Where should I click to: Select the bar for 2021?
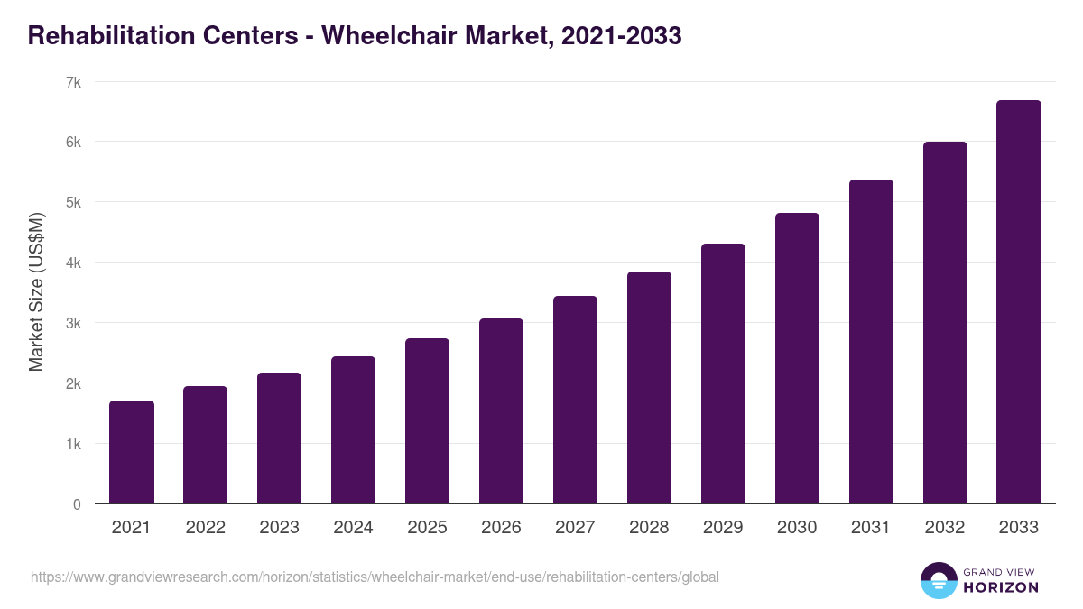pyautogui.click(x=132, y=452)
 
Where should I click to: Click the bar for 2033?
pyautogui.click(x=1019, y=302)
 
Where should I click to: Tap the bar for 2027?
pyautogui.click(x=575, y=400)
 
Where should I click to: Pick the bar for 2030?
pyautogui.click(x=797, y=358)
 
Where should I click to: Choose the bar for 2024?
pyautogui.click(x=353, y=430)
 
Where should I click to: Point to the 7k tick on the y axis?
pyautogui.click(x=73, y=82)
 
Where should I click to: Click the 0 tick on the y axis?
pyautogui.click(x=77, y=504)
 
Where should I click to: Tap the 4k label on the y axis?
pyautogui.click(x=73, y=263)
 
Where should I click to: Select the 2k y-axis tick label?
pyautogui.click(x=73, y=383)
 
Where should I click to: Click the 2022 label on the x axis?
pyautogui.click(x=205, y=528)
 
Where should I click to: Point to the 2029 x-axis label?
pyautogui.click(x=723, y=528)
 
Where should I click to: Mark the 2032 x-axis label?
pyautogui.click(x=945, y=528)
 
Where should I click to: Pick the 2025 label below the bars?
pyautogui.click(x=427, y=528)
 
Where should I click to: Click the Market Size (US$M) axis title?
pyautogui.click(x=36, y=292)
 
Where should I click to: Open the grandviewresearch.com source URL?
pyautogui.click(x=375, y=577)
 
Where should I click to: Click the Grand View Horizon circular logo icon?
pyautogui.click(x=939, y=581)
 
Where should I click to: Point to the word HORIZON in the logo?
pyautogui.click(x=1000, y=587)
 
